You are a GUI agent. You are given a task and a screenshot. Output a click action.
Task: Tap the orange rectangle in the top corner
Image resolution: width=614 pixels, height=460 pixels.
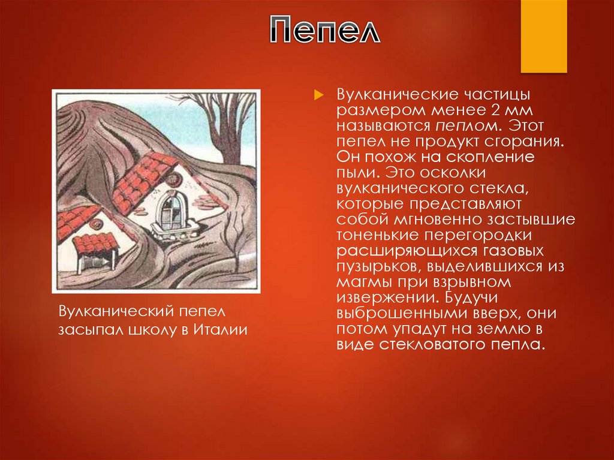(543, 36)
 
